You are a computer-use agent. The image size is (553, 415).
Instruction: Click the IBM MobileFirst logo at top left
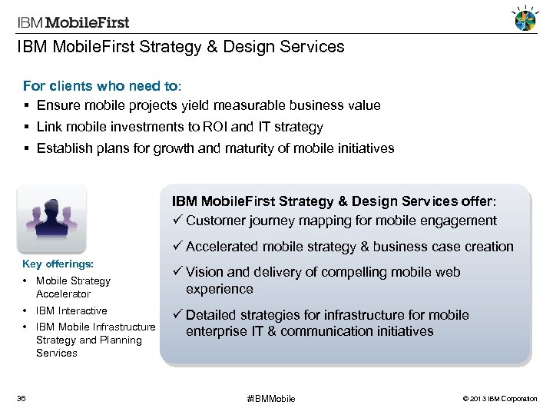[x=74, y=22]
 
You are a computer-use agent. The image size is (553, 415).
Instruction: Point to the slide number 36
[x=22, y=398]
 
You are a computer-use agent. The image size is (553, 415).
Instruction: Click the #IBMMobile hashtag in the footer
[x=270, y=398]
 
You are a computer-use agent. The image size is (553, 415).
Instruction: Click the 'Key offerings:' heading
[x=58, y=264]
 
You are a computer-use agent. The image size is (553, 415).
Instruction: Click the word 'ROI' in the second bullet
[x=241, y=127]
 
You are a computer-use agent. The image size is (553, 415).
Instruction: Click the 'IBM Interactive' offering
[x=71, y=310]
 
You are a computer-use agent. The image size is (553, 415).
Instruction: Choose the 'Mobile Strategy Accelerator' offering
[x=72, y=287]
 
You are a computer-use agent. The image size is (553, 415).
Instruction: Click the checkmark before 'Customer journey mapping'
[x=177, y=221]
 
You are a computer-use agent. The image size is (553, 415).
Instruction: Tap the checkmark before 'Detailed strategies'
[x=177, y=315]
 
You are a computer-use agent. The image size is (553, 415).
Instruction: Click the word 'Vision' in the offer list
[x=204, y=272]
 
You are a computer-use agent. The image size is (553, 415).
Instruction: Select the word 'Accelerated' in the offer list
[x=224, y=247]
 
